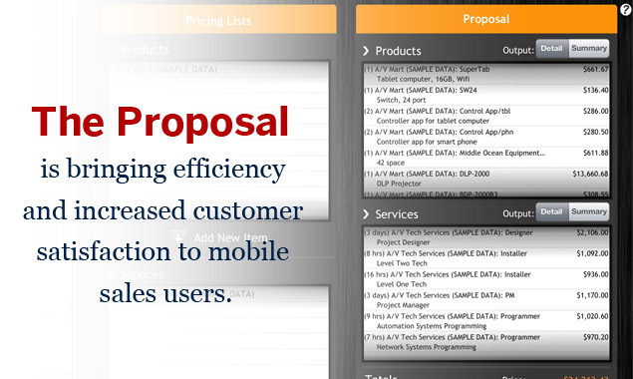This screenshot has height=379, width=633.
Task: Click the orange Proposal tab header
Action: click(x=486, y=19)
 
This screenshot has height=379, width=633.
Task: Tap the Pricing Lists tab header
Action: click(x=219, y=19)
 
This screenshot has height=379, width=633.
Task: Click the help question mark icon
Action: click(x=625, y=8)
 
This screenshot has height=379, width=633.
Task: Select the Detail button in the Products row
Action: click(x=552, y=48)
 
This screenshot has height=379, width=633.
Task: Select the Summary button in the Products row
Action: click(x=589, y=48)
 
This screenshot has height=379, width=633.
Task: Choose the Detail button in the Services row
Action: click(x=552, y=211)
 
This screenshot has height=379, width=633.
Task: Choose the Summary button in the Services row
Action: click(x=589, y=211)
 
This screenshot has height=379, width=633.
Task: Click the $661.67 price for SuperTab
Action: click(x=596, y=70)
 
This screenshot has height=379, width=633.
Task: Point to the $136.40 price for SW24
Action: click(x=596, y=90)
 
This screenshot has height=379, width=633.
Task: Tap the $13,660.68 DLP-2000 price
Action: click(x=591, y=175)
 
